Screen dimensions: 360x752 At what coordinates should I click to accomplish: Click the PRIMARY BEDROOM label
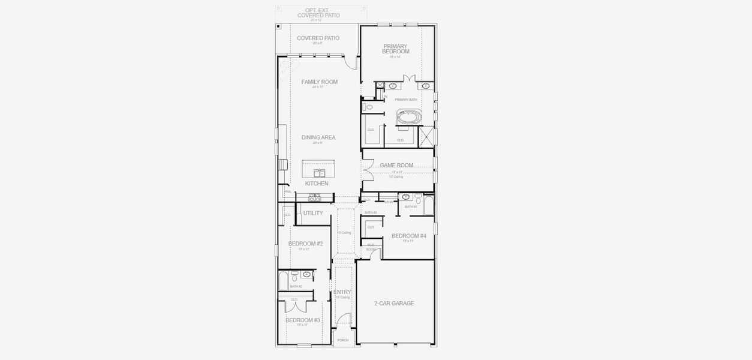click(x=395, y=49)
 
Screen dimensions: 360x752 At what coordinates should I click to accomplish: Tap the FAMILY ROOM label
click(x=319, y=82)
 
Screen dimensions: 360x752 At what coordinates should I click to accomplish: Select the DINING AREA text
click(x=318, y=137)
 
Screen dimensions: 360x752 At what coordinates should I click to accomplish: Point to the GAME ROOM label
click(x=396, y=165)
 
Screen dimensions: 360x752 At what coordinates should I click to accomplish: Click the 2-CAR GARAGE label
click(x=393, y=304)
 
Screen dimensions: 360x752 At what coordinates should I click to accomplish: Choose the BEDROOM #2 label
click(x=305, y=244)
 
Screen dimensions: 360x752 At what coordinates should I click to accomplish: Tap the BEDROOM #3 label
click(x=302, y=320)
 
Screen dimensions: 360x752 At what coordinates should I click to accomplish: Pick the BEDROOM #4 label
click(x=408, y=236)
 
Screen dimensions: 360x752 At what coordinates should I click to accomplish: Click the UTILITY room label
click(x=312, y=213)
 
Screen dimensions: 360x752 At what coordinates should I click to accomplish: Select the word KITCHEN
click(x=317, y=184)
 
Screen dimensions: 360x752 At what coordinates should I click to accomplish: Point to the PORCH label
click(x=342, y=340)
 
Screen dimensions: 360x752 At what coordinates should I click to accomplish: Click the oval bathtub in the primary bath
click(x=410, y=116)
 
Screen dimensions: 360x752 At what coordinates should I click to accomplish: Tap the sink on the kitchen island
click(x=318, y=173)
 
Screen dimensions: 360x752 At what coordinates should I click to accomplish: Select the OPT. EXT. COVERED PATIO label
click(x=318, y=13)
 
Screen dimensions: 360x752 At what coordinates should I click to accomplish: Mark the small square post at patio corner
click(x=279, y=27)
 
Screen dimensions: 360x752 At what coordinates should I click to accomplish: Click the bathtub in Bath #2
click(x=284, y=281)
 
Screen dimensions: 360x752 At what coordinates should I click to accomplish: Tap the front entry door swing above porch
click(x=343, y=322)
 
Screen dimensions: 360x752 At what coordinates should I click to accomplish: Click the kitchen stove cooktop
click(x=314, y=197)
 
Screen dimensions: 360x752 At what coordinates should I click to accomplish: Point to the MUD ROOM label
click(x=371, y=247)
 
